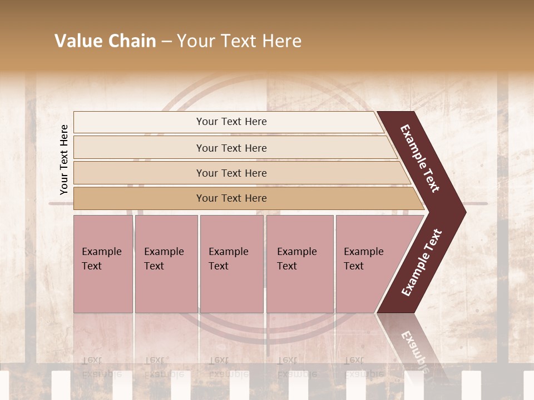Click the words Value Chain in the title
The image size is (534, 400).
coord(105,41)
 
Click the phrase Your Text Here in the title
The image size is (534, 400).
coord(239,41)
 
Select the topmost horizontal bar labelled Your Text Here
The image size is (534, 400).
coord(231,122)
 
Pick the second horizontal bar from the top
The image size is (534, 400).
coord(231,148)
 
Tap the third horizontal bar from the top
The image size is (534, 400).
coord(231,173)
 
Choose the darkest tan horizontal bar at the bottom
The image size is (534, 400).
coord(231,198)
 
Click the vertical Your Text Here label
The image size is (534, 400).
coord(64,159)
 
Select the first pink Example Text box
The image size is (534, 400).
coord(103,264)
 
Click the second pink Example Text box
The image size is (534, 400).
coord(166,264)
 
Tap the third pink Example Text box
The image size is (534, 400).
coord(231,264)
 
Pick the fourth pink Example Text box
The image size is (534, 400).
coord(299,264)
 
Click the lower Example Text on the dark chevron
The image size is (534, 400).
coord(422,263)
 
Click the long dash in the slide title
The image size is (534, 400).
coord(166,42)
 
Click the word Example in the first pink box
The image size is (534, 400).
coord(101,252)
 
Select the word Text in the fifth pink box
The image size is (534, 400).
coord(354,266)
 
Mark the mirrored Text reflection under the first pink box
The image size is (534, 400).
coord(92,360)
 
